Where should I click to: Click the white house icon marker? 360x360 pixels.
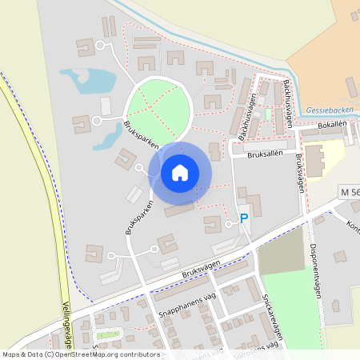180,173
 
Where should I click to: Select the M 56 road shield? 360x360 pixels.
349,192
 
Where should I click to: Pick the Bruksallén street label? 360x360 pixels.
267,155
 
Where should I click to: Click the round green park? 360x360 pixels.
159,108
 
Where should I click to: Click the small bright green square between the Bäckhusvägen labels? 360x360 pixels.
268,114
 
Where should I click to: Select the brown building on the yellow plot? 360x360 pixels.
314,161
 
